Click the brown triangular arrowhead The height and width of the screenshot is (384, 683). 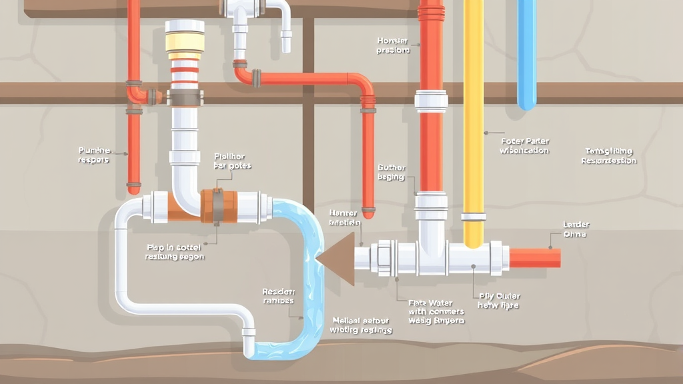(337, 257)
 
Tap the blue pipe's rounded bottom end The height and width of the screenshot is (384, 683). (527, 103)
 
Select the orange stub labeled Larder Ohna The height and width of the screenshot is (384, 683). (534, 257)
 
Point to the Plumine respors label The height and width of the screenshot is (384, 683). (93, 155)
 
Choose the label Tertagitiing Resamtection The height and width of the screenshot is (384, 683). (608, 156)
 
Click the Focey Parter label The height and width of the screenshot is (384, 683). (524, 146)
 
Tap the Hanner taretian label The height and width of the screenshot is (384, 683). (344, 217)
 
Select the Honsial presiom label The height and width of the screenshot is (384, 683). (393, 45)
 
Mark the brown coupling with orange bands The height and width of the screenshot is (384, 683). (218, 205)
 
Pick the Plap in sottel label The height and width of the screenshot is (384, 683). (175, 252)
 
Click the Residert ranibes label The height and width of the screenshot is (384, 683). (278, 296)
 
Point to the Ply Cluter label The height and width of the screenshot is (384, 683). (499, 301)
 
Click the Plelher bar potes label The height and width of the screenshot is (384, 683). (231, 161)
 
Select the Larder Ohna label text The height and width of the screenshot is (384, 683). (576, 229)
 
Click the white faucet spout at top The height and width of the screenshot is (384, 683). (285, 30)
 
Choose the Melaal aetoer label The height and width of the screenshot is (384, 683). (361, 325)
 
